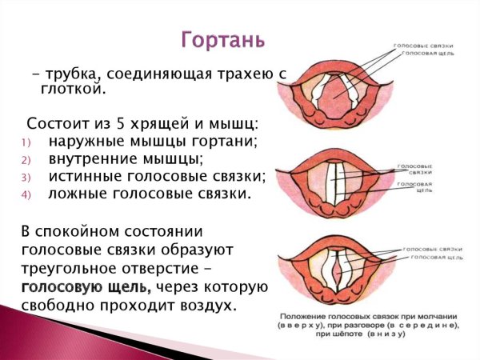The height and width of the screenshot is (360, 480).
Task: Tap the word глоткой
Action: [x=72, y=90]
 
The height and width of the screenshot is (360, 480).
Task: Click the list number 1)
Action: [x=24, y=142]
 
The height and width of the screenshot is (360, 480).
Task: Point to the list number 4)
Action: [x=24, y=194]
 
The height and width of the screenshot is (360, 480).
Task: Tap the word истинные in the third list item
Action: [x=86, y=176]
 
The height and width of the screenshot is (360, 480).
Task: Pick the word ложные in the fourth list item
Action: [x=77, y=194]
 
